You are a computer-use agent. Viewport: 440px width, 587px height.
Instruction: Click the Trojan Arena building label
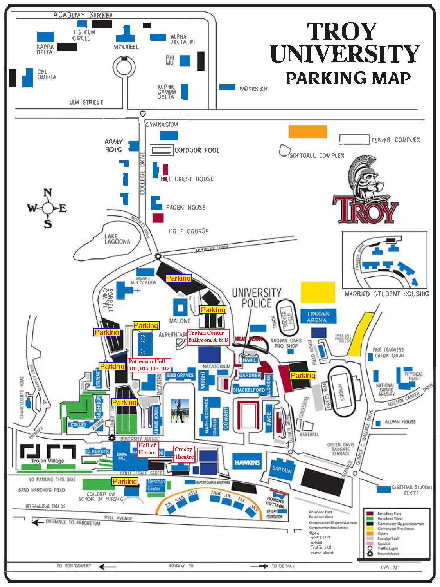[318, 316]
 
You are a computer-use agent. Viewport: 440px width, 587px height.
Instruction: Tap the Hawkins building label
[247, 462]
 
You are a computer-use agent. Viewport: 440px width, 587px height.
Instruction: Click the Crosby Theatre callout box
[184, 453]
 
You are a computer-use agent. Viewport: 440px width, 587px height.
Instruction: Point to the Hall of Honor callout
[147, 449]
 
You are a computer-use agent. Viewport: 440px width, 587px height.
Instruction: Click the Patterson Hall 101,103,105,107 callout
[149, 365]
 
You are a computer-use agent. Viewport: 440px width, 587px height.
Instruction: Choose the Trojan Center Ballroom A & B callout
[208, 336]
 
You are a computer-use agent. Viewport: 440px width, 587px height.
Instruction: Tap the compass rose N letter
[48, 193]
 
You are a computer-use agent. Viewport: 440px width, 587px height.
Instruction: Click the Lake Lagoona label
[117, 239]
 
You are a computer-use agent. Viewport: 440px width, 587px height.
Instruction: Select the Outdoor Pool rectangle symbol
[161, 150]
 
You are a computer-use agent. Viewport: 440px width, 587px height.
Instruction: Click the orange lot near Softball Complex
[307, 132]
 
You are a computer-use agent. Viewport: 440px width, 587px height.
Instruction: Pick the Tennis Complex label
[395, 140]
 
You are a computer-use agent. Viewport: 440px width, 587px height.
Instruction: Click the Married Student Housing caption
[386, 294]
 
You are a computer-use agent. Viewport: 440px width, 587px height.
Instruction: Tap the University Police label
[256, 298]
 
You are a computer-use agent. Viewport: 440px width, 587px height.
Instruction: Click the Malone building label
[180, 321]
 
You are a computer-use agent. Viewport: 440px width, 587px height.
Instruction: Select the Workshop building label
[254, 89]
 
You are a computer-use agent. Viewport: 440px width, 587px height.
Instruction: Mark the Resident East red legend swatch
[370, 513]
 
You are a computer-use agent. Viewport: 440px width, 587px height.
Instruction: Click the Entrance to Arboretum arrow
[38, 522]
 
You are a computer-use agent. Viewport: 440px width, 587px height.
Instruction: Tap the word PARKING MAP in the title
[348, 78]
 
